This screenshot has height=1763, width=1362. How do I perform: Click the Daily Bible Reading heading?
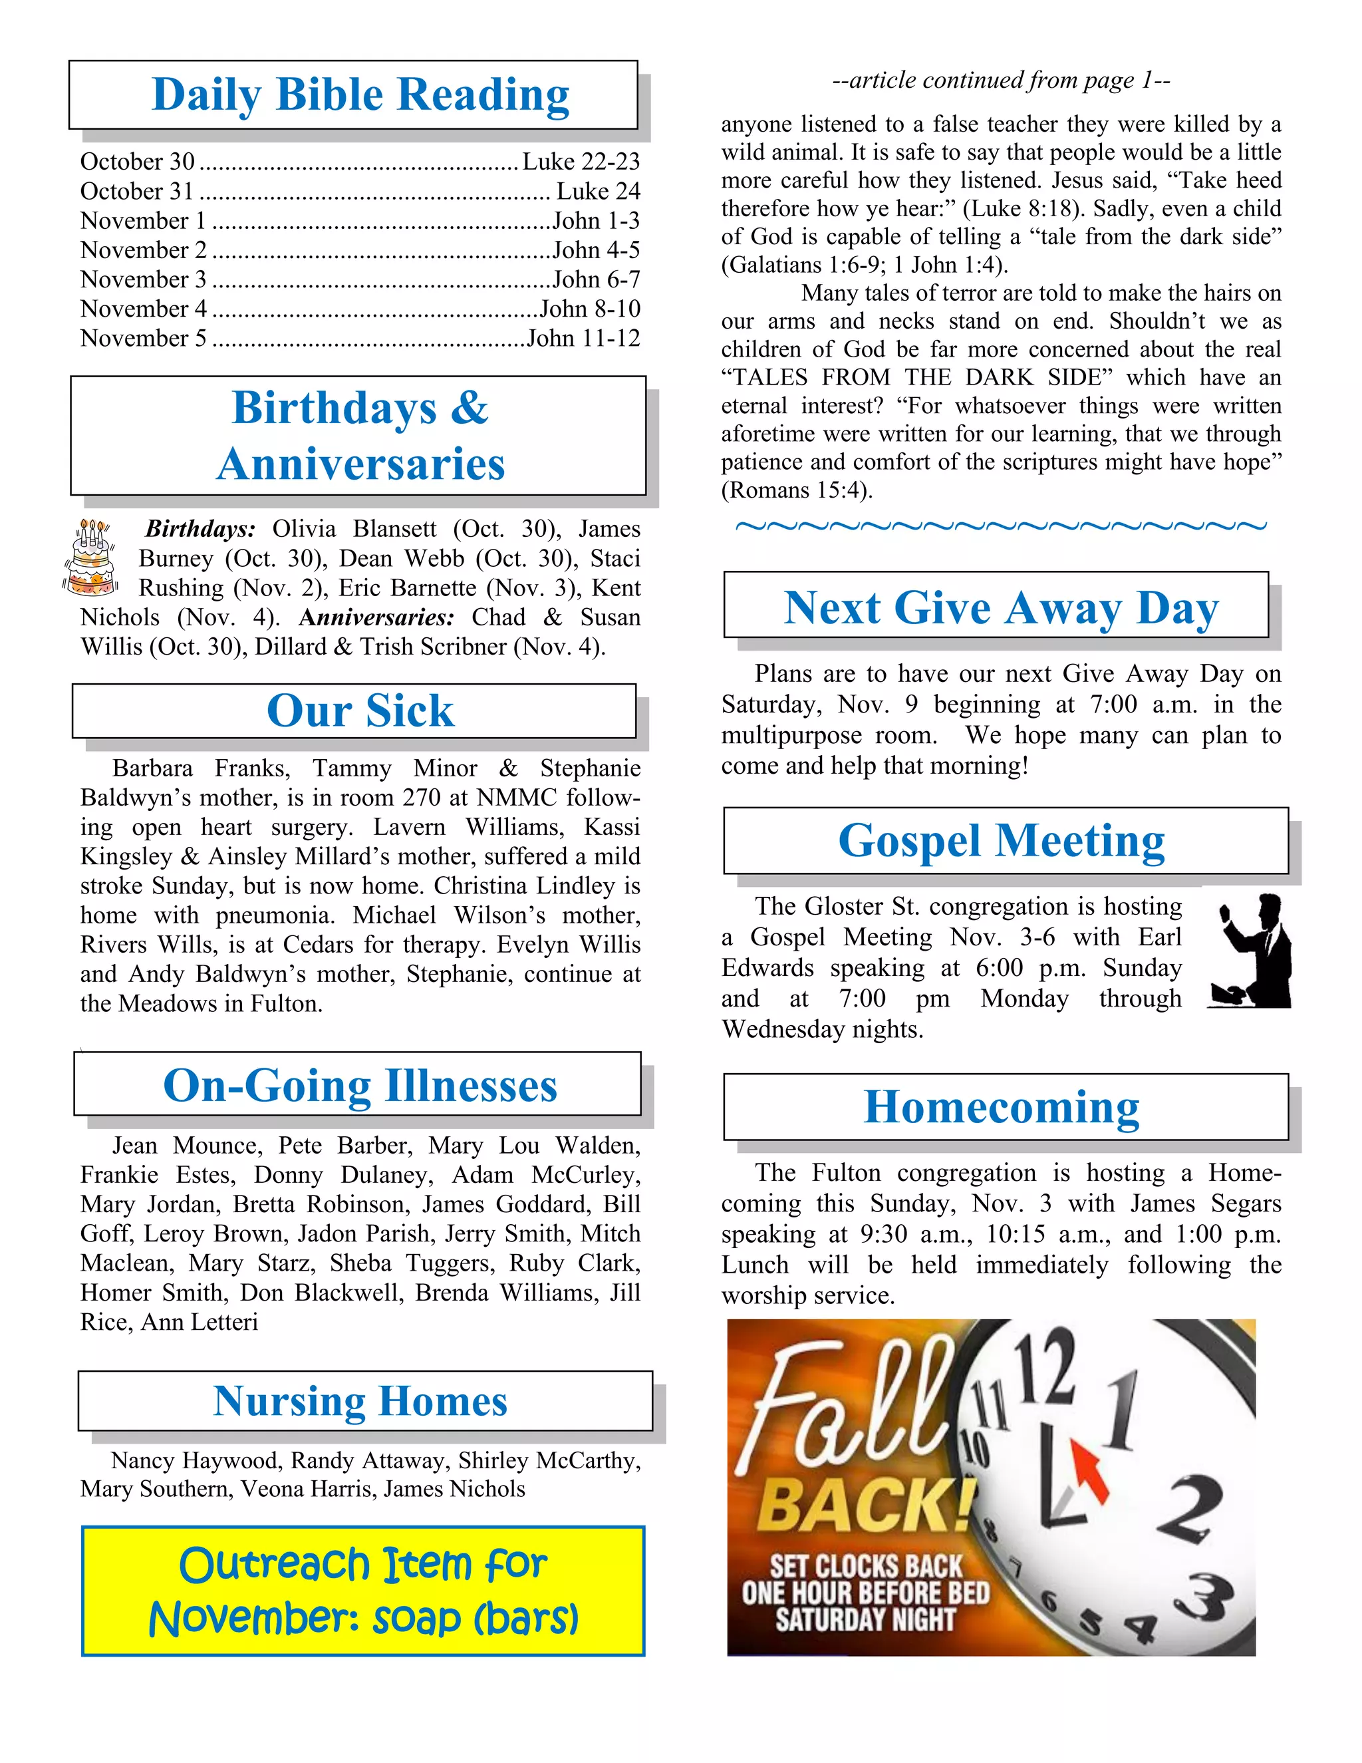[x=360, y=94]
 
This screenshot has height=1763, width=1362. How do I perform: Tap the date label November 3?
[x=143, y=279]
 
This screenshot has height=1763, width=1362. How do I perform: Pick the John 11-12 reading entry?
[x=583, y=338]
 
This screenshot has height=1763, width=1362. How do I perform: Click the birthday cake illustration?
[x=90, y=558]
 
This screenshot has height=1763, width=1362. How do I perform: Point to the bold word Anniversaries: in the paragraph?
[x=376, y=617]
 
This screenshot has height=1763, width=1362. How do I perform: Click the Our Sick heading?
[x=360, y=711]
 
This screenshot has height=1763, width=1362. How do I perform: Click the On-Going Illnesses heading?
[x=360, y=1085]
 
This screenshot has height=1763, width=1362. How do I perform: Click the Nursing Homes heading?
[x=360, y=1400]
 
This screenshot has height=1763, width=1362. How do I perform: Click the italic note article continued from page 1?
[x=1000, y=80]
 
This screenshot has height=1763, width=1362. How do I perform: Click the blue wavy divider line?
[x=1000, y=526]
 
